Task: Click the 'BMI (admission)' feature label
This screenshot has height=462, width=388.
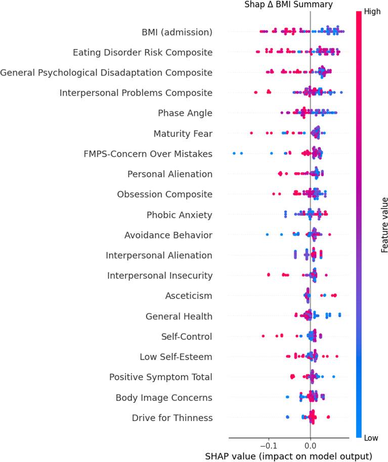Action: [177, 32]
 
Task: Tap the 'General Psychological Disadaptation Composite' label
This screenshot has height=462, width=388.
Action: [106, 72]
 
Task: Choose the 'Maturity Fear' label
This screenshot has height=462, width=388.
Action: [183, 134]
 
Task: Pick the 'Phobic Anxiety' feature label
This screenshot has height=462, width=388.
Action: [180, 215]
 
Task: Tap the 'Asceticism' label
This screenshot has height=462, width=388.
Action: [189, 296]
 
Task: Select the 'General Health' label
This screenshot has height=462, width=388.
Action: [179, 316]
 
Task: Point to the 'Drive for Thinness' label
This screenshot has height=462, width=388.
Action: [172, 418]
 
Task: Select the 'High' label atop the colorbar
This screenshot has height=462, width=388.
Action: [373, 12]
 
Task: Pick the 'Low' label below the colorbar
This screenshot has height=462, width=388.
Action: [372, 437]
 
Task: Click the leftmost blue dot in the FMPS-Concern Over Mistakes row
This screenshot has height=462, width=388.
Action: [234, 152]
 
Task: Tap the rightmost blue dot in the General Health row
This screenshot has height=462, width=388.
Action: [340, 314]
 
